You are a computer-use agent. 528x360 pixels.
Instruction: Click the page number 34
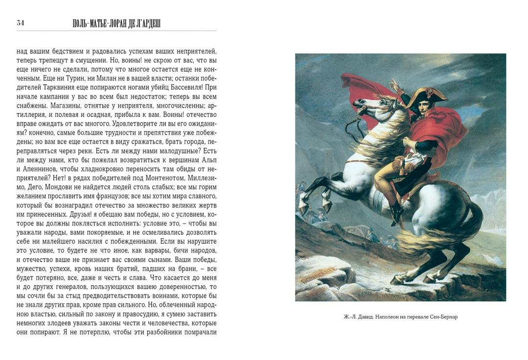(x=20, y=22)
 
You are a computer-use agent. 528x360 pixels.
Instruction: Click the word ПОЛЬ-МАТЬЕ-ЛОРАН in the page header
(x=99, y=23)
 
